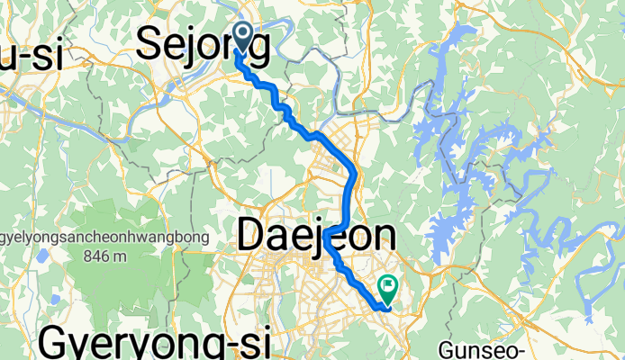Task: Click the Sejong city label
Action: coord(203,46)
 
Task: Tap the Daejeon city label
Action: coord(316,237)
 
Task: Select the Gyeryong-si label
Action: coord(161,345)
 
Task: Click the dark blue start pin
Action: coord(244,37)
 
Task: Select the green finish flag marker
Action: coord(389,289)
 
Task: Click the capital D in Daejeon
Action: coord(254,237)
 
